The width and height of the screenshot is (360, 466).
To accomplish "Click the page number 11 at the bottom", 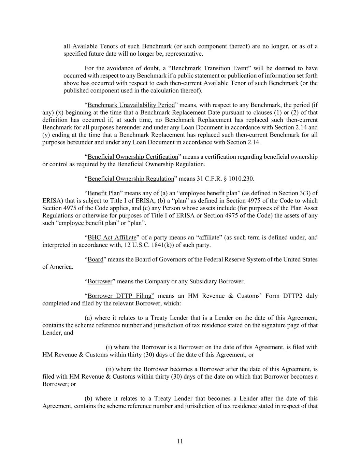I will (x=180, y=441).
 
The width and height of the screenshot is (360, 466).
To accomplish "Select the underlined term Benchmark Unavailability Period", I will (x=131, y=105).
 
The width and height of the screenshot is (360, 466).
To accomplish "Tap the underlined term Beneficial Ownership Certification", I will (x=133, y=157).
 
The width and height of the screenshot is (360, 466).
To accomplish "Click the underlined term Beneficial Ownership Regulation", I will (x=131, y=179).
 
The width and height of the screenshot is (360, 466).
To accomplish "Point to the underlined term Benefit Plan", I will (x=103, y=193).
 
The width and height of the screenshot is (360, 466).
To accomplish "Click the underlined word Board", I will (x=95, y=259).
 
